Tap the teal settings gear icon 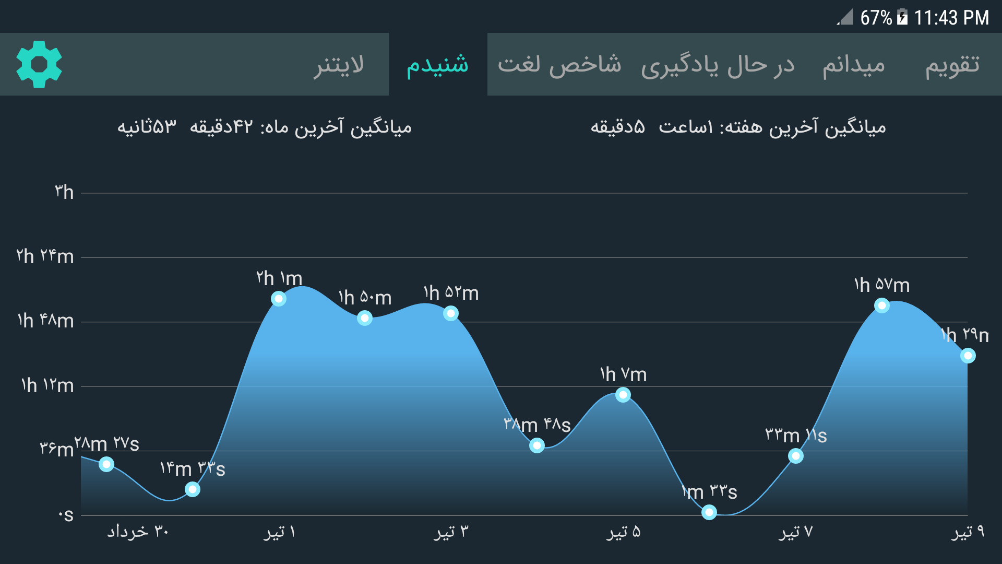point(39,64)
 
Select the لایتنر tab point(339,65)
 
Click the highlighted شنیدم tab point(438,65)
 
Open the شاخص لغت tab point(559,65)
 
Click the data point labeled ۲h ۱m point(279,299)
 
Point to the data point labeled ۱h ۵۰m point(365,318)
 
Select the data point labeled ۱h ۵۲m point(451,313)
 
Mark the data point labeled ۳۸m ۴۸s point(537,445)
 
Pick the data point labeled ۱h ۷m point(623,395)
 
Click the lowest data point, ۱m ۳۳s point(709,512)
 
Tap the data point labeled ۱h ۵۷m point(882,305)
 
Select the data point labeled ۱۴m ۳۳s point(193,489)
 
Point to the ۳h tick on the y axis point(64,192)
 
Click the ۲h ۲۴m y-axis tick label point(45,256)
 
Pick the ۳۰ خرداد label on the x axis point(138,532)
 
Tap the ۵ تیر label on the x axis point(623,532)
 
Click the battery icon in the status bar point(902,17)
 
